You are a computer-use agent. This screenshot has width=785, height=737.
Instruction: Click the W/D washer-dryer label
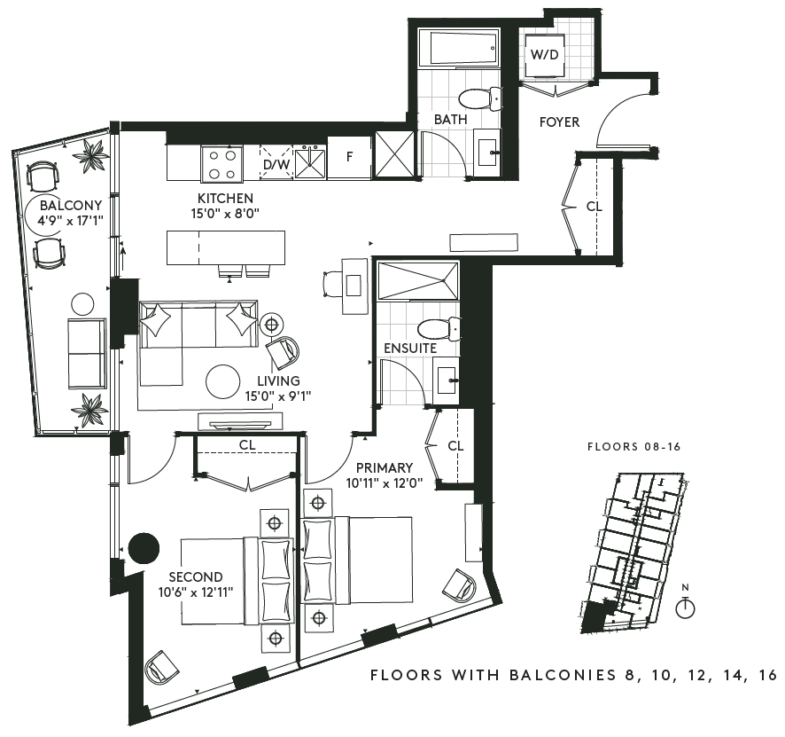(544, 54)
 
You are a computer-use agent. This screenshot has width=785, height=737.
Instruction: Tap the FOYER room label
(559, 122)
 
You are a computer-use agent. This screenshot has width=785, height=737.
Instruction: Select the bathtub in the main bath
(459, 48)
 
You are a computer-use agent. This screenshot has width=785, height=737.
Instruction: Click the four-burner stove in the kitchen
(222, 163)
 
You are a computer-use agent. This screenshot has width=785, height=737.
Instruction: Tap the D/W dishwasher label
(276, 164)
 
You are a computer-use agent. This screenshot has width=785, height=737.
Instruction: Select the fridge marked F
(349, 157)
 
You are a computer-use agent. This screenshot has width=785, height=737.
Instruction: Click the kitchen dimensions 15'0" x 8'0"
(225, 214)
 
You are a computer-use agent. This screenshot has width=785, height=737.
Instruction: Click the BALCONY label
(71, 205)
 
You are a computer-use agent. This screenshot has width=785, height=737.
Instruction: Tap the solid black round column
(144, 548)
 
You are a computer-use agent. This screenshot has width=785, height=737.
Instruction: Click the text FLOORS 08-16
(633, 447)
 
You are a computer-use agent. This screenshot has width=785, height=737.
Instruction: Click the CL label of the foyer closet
(595, 207)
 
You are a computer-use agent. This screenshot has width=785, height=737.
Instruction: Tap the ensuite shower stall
(418, 280)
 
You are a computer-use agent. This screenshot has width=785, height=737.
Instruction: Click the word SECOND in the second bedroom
(195, 576)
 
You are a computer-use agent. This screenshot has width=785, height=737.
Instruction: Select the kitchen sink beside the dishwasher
(310, 161)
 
